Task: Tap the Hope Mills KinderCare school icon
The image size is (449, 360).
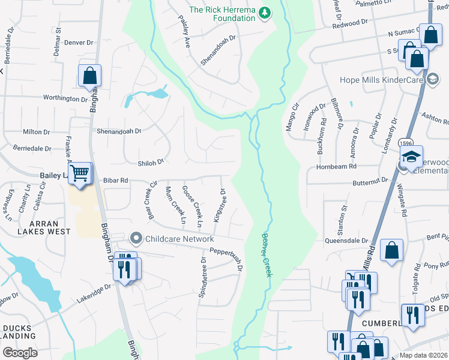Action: coord(433,79)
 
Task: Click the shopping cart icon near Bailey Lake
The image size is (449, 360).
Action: coord(79,174)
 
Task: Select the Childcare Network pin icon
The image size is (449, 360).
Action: coord(136,239)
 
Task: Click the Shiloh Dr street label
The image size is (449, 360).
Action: coord(135,162)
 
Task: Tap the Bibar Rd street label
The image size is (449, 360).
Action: coord(116,180)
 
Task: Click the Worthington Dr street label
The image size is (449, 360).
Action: coord(65,98)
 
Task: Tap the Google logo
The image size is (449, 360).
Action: coord(20,352)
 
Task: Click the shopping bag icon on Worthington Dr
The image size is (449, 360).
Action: coord(89,76)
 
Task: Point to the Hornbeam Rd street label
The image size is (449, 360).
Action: coord(337,166)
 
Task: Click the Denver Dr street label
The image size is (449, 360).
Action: coord(79,43)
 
